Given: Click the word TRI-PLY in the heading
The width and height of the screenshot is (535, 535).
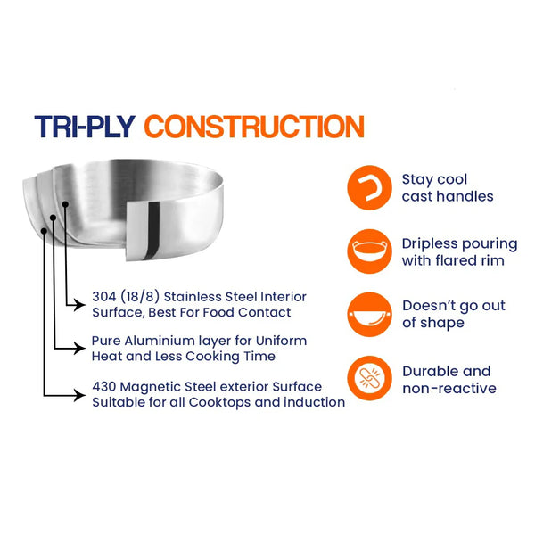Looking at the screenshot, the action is tap(85, 127).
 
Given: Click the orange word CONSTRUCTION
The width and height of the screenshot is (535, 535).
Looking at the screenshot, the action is tap(254, 127).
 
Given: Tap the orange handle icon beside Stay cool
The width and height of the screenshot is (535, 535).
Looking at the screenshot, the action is tap(369, 187).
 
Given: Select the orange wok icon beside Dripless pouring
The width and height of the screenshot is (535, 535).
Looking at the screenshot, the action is tap(369, 251).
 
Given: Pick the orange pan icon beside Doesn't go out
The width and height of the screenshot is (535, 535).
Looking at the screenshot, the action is tap(369, 315).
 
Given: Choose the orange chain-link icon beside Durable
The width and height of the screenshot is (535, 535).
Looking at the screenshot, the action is tap(369, 378).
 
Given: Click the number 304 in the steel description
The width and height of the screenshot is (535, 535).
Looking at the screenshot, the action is tap(104, 297).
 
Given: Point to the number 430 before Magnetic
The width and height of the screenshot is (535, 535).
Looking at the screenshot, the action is tap(104, 387).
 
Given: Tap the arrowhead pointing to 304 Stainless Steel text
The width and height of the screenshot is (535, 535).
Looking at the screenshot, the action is tap(80, 305).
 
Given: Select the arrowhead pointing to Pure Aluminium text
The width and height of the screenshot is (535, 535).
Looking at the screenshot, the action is tap(80, 349).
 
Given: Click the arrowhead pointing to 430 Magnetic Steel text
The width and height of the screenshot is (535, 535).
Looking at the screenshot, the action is tap(80, 395).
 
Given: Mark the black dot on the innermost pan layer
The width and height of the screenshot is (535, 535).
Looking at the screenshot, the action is tap(65, 204).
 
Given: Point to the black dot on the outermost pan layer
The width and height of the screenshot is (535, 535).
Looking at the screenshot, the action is tap(44, 231).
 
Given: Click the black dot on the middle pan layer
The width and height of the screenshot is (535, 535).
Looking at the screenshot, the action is tap(53, 218).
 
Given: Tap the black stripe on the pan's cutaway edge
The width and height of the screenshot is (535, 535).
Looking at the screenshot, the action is tap(152, 230).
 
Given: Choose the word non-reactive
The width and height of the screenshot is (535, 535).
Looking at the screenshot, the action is tap(449, 388).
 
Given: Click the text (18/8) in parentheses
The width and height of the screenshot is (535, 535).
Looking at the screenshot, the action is tap(140, 297).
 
